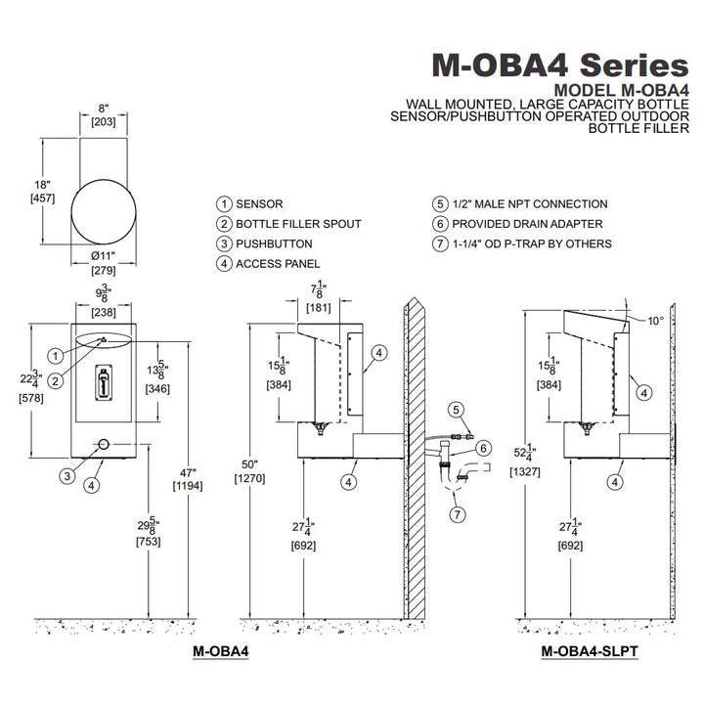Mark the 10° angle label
655,320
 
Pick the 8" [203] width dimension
104,116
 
